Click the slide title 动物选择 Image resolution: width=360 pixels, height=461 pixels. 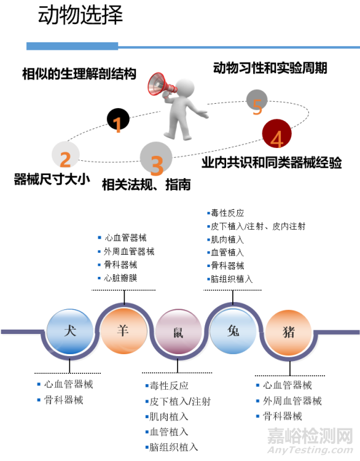coord(80,15)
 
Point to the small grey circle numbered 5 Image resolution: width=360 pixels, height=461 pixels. coord(257,101)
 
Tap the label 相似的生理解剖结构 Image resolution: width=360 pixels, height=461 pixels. coord(79,74)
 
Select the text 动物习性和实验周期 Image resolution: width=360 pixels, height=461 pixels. coord(270,68)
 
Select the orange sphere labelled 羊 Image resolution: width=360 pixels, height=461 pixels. coord(123,331)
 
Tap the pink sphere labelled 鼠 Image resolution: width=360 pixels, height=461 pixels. coord(178,333)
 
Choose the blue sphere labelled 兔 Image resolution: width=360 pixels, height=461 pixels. coord(233,331)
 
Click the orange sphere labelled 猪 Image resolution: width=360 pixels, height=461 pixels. coord(288,332)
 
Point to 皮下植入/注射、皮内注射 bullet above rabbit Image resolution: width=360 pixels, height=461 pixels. coord(257,226)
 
